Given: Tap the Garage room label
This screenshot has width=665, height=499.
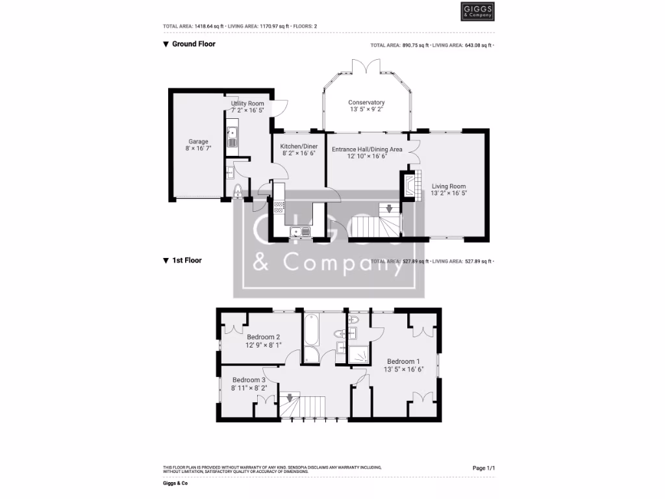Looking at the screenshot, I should pyautogui.click(x=199, y=145).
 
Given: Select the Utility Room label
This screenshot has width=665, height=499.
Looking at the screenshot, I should pyautogui.click(x=247, y=107).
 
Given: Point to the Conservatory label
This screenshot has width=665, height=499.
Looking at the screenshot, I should pyautogui.click(x=366, y=106).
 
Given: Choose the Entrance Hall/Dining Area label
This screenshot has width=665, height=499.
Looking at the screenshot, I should pyautogui.click(x=367, y=153).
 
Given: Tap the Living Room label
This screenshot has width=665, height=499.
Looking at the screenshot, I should pyautogui.click(x=449, y=190).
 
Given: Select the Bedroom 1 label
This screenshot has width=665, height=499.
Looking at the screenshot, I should pyautogui.click(x=403, y=365).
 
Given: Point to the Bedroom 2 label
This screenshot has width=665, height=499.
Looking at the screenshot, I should pyautogui.click(x=263, y=341).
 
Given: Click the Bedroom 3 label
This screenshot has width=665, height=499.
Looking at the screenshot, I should pyautogui.click(x=249, y=383).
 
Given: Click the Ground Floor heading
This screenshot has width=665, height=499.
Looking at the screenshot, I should pyautogui.click(x=193, y=44).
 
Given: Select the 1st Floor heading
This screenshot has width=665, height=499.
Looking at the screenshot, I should pyautogui.click(x=186, y=261).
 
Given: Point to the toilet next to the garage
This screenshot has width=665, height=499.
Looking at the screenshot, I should pyautogui.click(x=237, y=190).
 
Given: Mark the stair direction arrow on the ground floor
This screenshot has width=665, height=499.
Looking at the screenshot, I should pyautogui.click(x=389, y=209).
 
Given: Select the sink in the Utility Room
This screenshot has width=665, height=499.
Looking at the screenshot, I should pyautogui.click(x=232, y=136).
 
